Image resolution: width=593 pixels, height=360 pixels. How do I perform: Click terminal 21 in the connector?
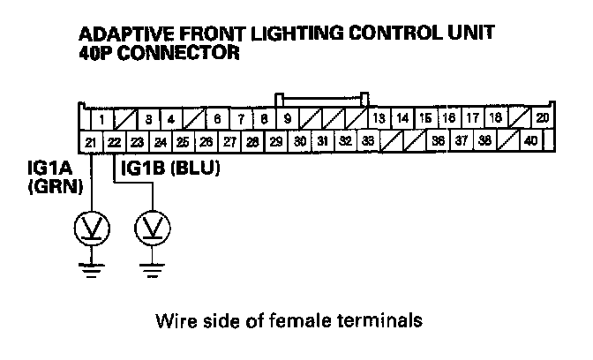91,140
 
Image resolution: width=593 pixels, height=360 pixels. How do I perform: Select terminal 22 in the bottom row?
114,140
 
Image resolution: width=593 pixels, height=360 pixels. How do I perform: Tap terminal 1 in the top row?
103,119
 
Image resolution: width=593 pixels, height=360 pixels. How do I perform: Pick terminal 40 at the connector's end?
530,140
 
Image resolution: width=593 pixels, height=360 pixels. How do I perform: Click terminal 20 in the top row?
542,118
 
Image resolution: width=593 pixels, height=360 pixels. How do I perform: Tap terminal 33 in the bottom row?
368,140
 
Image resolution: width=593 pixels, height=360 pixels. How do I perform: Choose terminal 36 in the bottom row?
438,140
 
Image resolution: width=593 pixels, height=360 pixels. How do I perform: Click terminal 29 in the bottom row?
276,140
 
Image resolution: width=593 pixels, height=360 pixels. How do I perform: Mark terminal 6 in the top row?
217,119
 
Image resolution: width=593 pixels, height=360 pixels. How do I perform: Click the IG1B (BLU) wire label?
170,165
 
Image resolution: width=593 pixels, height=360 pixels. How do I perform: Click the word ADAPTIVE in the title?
124,34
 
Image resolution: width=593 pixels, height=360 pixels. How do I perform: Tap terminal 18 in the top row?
495,118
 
